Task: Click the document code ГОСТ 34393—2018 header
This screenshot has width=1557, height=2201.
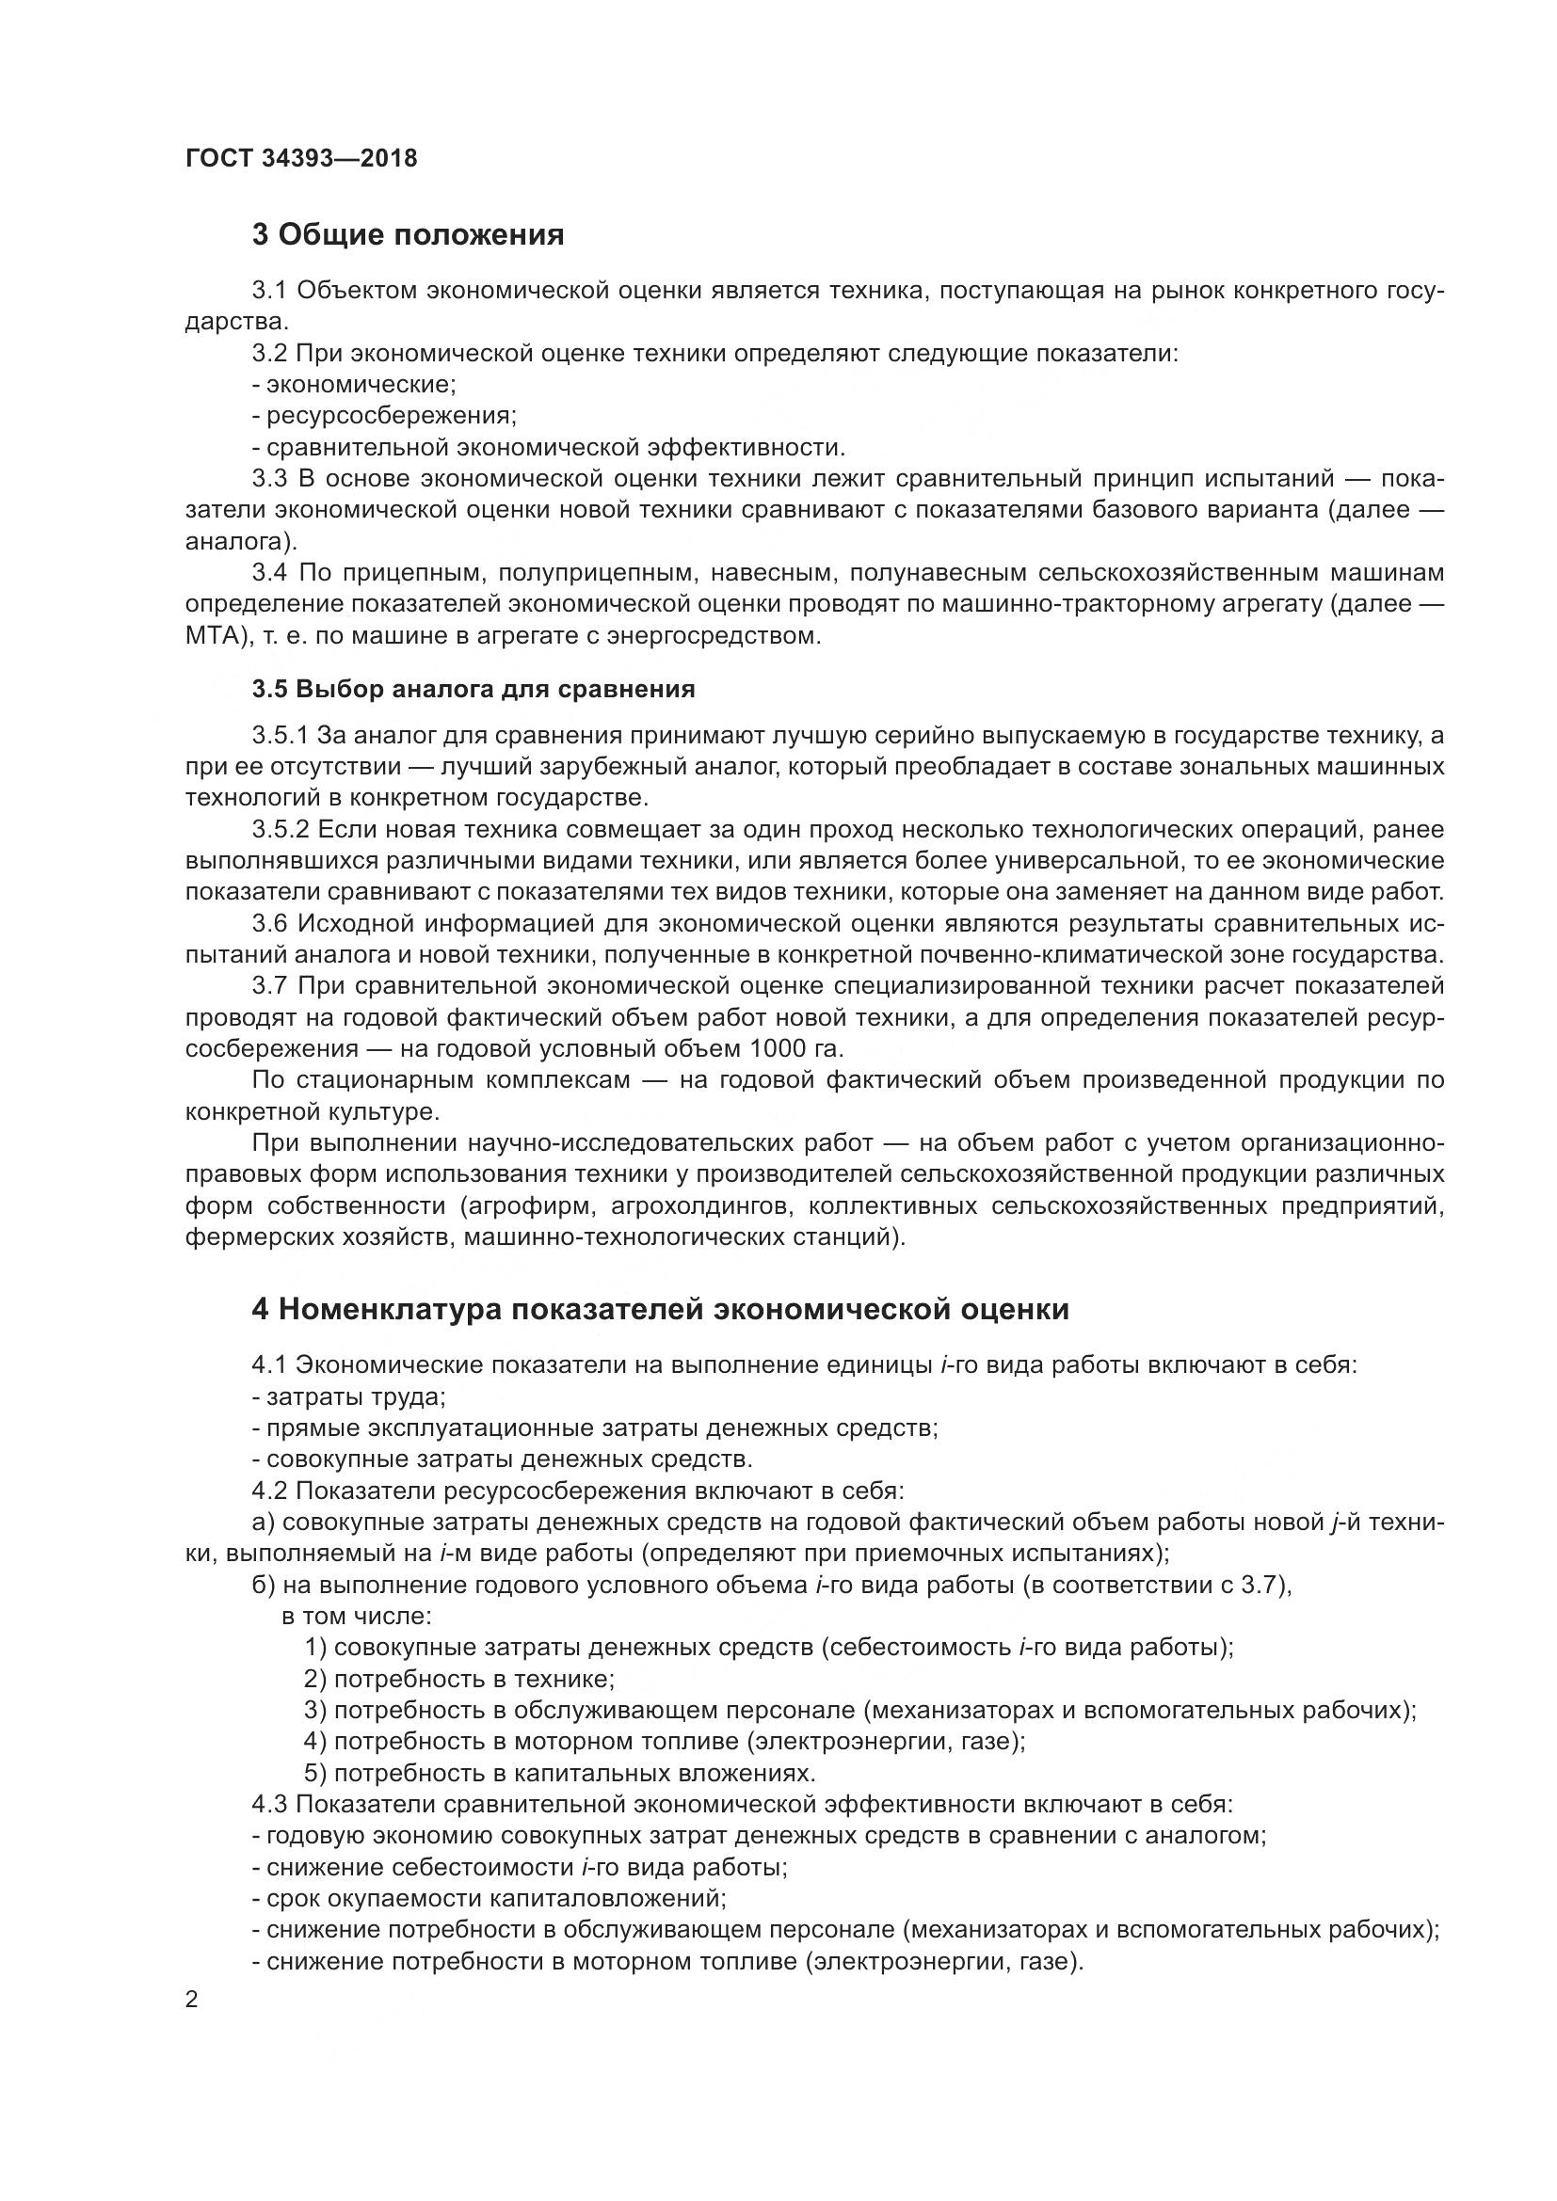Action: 301,158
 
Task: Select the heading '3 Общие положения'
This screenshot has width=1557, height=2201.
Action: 408,234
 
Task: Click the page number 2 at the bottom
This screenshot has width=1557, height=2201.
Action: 192,2000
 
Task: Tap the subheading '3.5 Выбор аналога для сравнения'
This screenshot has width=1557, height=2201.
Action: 474,688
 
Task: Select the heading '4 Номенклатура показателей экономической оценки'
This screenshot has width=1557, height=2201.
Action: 660,1309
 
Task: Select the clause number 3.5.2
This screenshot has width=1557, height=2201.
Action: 280,829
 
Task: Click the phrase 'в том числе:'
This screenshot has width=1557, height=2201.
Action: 357,1616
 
